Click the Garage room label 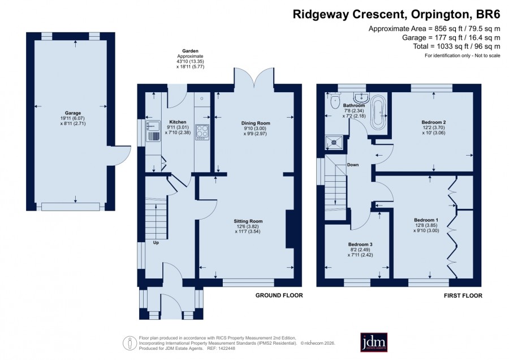[x=73, y=113]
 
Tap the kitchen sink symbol [x=153, y=131]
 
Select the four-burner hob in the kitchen [x=202, y=132]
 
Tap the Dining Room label [x=256, y=123]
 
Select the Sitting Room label [x=248, y=221]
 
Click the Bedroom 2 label [x=434, y=122]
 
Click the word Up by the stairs [x=156, y=243]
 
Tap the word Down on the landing [x=353, y=165]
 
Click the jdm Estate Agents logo [x=374, y=342]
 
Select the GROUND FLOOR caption [x=279, y=295]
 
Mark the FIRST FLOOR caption [x=463, y=295]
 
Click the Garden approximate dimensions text [x=190, y=59]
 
